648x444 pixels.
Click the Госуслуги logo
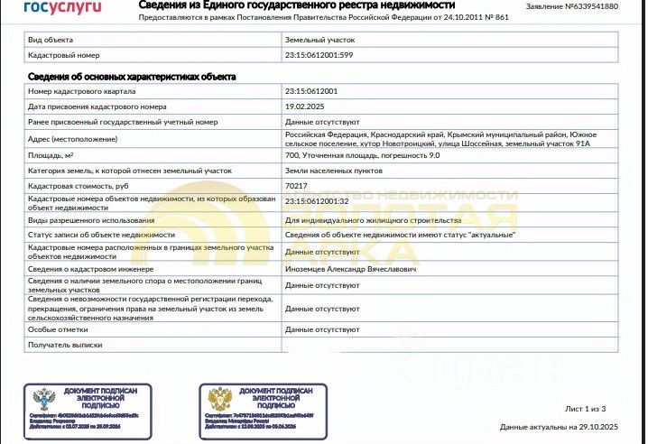click(59, 9)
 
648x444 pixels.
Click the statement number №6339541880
click(584, 6)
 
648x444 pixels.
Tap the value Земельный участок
click(319, 41)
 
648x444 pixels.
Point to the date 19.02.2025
click(305, 106)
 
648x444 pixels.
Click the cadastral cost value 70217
click(296, 185)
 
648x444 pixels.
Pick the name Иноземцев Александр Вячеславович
click(350, 268)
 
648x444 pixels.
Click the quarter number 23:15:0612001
click(311, 91)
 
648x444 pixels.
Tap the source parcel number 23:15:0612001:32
click(317, 200)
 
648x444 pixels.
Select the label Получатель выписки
click(65, 345)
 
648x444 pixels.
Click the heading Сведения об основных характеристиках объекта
click(132, 76)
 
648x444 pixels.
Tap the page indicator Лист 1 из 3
click(591, 409)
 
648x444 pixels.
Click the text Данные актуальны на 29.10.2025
click(559, 426)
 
